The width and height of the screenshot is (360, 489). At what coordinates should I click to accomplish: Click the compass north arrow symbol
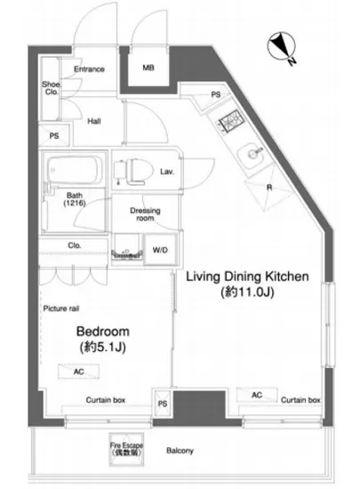[x=282, y=47]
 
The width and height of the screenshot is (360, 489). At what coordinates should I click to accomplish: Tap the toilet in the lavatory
[x=133, y=172]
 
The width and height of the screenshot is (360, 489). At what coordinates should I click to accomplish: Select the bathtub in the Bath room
[x=75, y=171]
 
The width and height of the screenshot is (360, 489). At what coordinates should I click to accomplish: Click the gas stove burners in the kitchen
[x=230, y=123]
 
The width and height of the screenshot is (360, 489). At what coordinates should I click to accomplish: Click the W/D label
[x=160, y=250]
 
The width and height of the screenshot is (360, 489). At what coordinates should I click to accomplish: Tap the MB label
[x=148, y=68]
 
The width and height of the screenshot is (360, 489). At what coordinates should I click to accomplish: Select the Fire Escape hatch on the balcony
[x=126, y=449]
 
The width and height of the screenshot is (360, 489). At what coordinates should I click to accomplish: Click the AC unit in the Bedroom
[x=78, y=372]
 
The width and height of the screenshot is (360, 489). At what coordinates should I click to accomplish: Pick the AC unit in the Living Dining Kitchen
[x=257, y=395]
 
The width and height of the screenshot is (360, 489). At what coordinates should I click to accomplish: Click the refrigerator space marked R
[x=269, y=188]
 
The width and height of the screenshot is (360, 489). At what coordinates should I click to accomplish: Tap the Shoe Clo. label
[x=52, y=88]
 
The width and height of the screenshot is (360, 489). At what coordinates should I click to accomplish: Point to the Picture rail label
[x=61, y=309]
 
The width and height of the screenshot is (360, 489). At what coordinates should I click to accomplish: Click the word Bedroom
[x=103, y=332]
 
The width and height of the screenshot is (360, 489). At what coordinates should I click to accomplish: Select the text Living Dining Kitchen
[x=247, y=277]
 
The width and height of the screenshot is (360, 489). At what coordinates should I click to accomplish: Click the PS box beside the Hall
[x=54, y=136]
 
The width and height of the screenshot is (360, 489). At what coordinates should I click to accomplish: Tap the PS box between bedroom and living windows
[x=162, y=404]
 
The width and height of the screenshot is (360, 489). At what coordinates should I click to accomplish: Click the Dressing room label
[x=145, y=214]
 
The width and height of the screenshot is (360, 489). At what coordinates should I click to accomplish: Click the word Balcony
[x=180, y=451]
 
